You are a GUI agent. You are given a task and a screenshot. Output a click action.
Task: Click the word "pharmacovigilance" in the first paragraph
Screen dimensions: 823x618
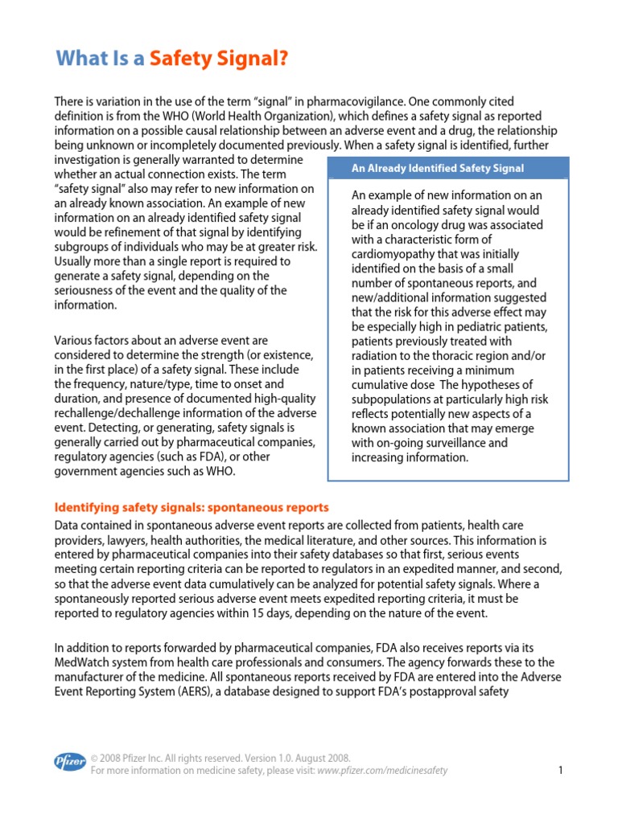(x=356, y=102)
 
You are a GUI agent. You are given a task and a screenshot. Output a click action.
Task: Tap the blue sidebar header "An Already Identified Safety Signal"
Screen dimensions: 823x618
(x=438, y=168)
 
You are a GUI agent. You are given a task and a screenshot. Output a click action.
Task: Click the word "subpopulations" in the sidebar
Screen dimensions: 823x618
(x=393, y=399)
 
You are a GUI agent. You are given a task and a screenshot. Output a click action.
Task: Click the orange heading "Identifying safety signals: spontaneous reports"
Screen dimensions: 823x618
(x=192, y=507)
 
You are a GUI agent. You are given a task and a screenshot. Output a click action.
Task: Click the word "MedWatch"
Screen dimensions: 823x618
(x=80, y=661)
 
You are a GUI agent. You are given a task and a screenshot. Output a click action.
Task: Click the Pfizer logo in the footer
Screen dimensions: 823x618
(x=69, y=762)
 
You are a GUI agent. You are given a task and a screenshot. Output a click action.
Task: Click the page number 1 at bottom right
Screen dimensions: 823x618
(x=559, y=770)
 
